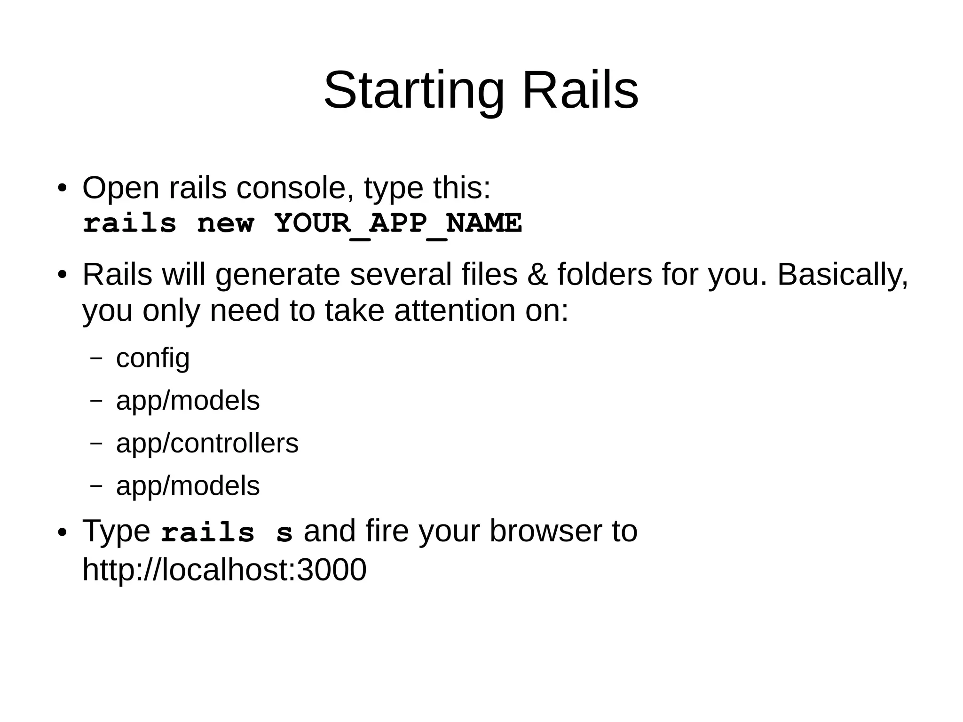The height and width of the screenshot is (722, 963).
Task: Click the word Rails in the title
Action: click(x=580, y=90)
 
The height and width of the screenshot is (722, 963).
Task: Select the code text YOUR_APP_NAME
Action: click(x=398, y=223)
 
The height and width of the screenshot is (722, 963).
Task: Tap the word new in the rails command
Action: click(x=226, y=224)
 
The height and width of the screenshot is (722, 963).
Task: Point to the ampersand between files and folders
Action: click(x=537, y=275)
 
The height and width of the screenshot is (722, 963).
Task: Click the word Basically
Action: click(x=842, y=275)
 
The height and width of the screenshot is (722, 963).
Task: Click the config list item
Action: click(x=153, y=358)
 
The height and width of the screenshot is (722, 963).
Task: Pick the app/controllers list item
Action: click(x=207, y=443)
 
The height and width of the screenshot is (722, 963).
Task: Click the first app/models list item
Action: click(x=188, y=401)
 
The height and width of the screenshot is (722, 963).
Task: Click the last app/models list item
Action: click(x=188, y=485)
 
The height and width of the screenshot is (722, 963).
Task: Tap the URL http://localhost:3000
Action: click(x=224, y=570)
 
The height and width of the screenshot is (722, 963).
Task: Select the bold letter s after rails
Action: click(x=284, y=533)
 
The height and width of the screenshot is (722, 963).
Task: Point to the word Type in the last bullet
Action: click(x=116, y=532)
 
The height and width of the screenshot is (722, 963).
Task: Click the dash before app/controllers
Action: click(x=96, y=443)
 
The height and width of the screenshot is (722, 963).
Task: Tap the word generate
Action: click(x=277, y=276)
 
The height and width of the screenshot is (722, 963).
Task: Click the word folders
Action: click(x=605, y=275)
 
